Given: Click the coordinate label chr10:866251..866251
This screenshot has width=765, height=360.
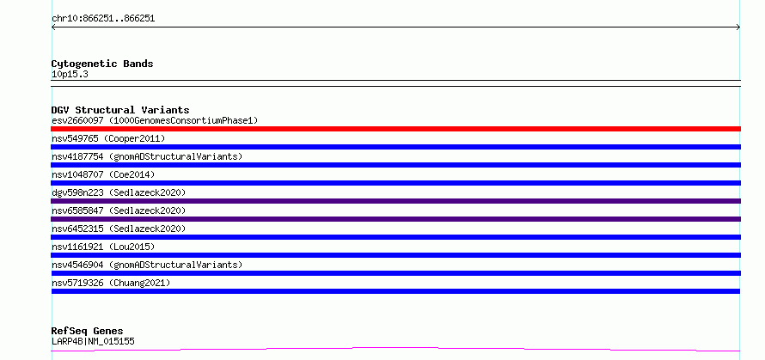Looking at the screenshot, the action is tap(103, 19).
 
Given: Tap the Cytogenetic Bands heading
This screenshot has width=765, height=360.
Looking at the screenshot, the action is tap(102, 64).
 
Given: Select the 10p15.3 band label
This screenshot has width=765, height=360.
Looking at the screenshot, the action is tap(70, 75).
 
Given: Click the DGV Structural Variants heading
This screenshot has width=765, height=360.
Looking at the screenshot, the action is tap(120, 110).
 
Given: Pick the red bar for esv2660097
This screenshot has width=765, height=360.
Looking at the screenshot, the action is tap(395, 129).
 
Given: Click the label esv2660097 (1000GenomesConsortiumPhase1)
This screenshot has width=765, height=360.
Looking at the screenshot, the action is tap(155, 120).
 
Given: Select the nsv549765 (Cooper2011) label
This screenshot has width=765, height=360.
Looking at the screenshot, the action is tap(108, 138).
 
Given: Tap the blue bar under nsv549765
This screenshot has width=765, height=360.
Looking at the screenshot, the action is tap(395, 147).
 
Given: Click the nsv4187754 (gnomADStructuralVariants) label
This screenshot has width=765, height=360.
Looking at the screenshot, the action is tap(147, 156).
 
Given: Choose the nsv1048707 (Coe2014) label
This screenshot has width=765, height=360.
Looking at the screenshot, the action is tap(103, 174).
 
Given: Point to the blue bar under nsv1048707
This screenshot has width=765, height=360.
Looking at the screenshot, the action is tap(395, 183).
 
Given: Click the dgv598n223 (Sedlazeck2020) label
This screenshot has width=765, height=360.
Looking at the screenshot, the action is tap(119, 192).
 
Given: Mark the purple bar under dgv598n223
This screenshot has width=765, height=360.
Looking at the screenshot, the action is tap(395, 201).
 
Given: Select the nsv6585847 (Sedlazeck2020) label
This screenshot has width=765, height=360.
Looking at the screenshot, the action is tap(119, 211).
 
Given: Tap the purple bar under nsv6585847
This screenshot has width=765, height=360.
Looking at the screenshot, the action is tap(395, 219).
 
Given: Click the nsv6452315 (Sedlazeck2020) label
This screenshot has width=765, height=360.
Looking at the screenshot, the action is tap(119, 229).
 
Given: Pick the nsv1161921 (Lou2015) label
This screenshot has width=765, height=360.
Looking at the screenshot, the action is tap(103, 247).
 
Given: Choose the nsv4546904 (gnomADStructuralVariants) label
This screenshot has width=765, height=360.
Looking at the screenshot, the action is tap(147, 265).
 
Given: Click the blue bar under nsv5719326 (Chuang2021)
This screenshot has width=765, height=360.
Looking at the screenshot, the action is tap(395, 291).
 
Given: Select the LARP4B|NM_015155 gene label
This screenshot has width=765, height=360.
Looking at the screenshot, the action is tap(93, 341).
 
